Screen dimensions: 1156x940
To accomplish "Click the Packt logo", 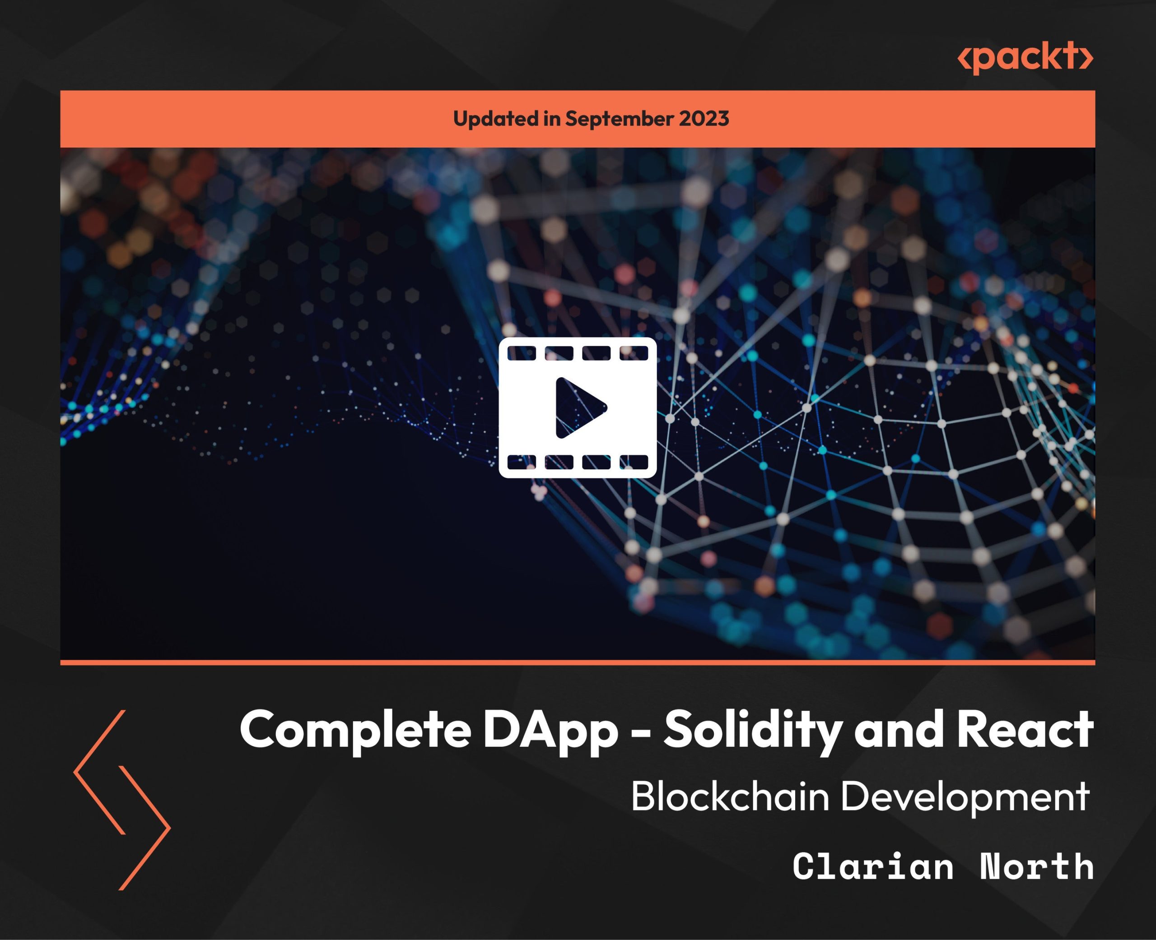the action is (x=1025, y=57).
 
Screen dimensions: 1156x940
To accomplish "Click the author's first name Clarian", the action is (x=873, y=866).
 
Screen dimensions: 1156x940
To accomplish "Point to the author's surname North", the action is (x=1037, y=866).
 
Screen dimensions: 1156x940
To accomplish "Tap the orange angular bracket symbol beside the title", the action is (x=122, y=800).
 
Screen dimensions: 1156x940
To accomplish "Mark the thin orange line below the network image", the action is (x=578, y=662).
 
